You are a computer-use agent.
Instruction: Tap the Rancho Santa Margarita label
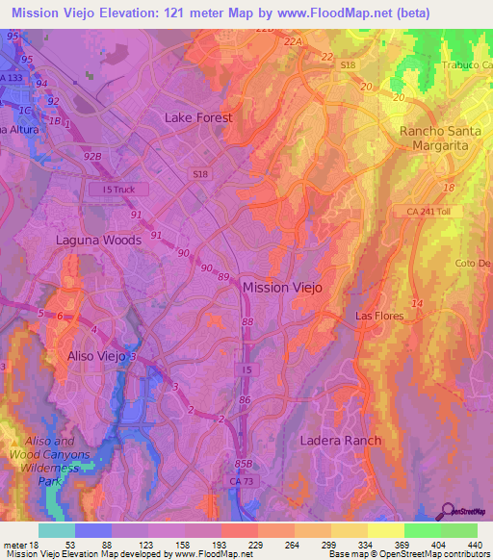point(438,138)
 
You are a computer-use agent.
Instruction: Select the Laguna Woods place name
point(98,240)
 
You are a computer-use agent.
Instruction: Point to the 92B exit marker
point(93,153)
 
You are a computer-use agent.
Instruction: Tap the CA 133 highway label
point(13,78)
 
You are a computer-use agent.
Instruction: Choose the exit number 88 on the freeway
point(248,322)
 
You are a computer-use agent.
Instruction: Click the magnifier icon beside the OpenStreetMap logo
point(448,512)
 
